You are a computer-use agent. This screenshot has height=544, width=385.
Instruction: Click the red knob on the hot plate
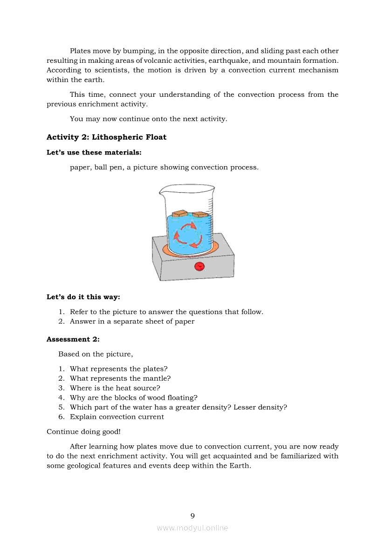click(199, 266)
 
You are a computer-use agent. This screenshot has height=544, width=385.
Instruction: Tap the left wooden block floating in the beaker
click(179, 214)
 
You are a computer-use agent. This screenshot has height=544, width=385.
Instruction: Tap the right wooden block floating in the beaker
click(199, 215)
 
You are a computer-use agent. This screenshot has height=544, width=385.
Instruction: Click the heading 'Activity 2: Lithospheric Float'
click(106, 137)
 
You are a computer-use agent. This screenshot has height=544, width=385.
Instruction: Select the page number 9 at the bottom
click(192, 516)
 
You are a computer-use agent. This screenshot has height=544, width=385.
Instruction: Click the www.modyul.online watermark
click(192, 528)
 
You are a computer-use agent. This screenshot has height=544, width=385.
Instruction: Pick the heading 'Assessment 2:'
click(73, 339)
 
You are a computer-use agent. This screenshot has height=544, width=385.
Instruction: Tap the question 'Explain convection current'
click(117, 417)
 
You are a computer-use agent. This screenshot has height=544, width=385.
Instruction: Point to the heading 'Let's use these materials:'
click(94, 152)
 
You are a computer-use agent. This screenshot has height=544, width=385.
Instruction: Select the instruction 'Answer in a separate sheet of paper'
click(132, 322)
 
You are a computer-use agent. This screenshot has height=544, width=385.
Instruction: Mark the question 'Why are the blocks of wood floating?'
click(133, 397)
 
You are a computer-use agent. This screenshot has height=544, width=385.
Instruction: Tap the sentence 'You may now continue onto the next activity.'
click(148, 119)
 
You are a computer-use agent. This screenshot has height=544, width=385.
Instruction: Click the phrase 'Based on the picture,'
click(95, 354)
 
